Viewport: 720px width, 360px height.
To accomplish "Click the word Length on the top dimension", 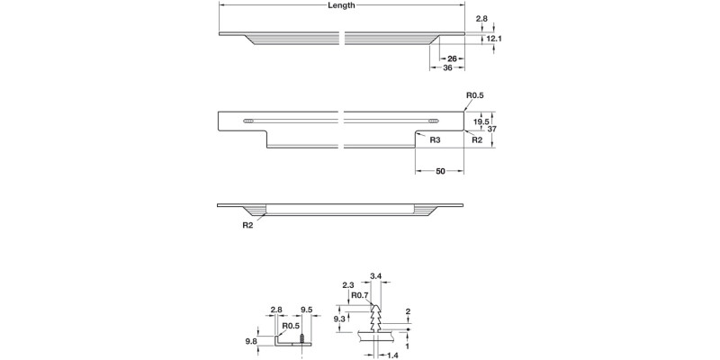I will point(341,5).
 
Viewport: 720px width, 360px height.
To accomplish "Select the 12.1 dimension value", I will point(494,39).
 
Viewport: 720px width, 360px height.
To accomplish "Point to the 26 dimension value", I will point(453,58).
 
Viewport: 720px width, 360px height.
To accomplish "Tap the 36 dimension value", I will point(447,68).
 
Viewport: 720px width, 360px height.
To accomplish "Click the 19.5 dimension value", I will point(481,121).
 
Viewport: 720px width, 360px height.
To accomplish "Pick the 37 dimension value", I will point(492,129).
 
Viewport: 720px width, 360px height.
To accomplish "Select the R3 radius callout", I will point(435,140).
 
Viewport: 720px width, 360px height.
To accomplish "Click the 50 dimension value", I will point(440,171).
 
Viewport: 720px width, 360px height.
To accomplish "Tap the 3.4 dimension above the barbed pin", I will point(376,276).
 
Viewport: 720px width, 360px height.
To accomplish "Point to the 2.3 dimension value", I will point(347,285).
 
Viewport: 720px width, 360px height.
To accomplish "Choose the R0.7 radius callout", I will point(360,295).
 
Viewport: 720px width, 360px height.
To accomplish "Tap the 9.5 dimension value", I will point(306,309).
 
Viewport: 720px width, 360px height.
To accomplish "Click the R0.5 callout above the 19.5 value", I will point(475,95).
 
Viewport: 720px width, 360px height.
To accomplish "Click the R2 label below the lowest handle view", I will point(247,225).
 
